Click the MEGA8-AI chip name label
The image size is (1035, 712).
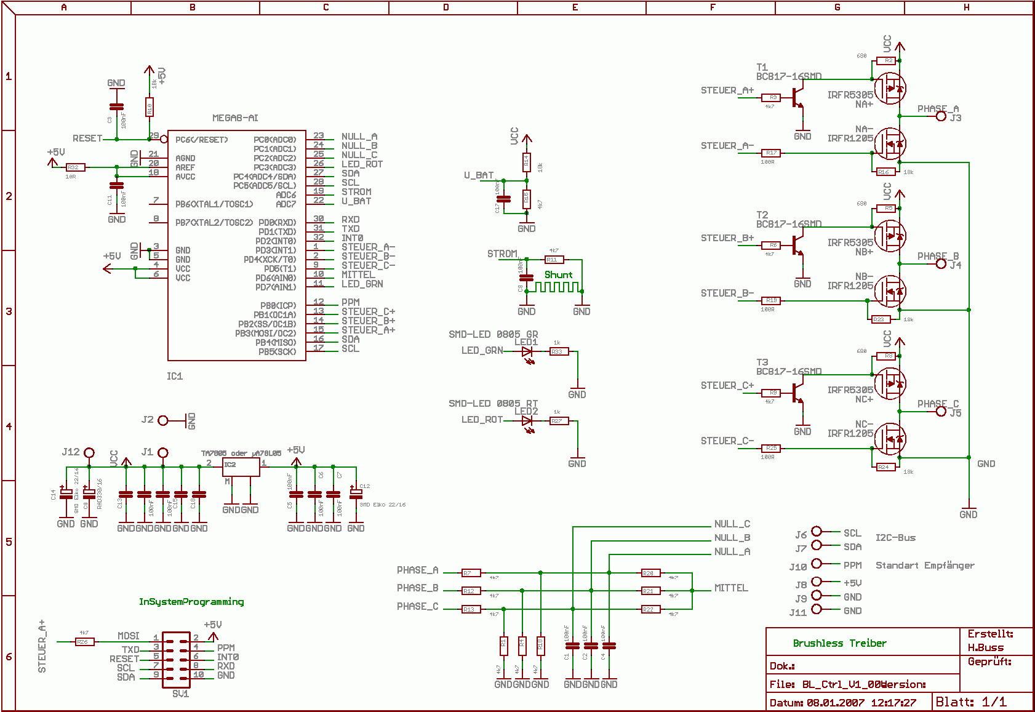coord(235,118)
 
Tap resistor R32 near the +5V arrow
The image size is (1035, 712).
coord(73,167)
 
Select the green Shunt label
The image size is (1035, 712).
coord(558,275)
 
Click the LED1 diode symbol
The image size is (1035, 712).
coord(527,352)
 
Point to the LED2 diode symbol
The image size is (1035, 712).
coord(527,421)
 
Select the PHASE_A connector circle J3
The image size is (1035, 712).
coord(941,116)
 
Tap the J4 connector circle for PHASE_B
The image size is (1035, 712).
coord(941,264)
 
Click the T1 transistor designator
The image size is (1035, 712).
coord(762,67)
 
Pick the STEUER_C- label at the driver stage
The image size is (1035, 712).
coord(727,441)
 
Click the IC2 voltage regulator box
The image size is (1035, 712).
coord(241,467)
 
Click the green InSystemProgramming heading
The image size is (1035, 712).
coord(191,602)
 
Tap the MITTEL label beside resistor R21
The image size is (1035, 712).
coord(731,588)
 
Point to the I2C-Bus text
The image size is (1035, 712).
coord(895,538)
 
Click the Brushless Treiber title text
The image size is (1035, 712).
coord(839,644)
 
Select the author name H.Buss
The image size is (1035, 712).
coord(985,647)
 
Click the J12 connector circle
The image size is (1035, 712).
coord(89,453)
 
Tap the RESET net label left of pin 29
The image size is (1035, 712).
coord(87,138)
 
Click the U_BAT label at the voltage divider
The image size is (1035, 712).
coord(479,175)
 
